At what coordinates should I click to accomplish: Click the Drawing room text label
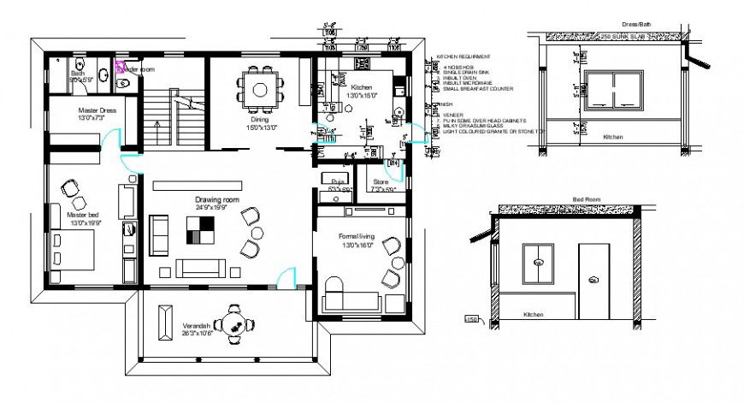(216, 203)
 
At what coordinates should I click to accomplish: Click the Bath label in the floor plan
(78, 74)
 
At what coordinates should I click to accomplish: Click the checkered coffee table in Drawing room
(202, 230)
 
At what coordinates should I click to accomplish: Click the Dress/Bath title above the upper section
(613, 27)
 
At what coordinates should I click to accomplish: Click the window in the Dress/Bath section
(614, 90)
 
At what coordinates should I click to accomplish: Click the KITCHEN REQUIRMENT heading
(467, 56)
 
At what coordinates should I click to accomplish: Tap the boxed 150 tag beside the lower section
(470, 320)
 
